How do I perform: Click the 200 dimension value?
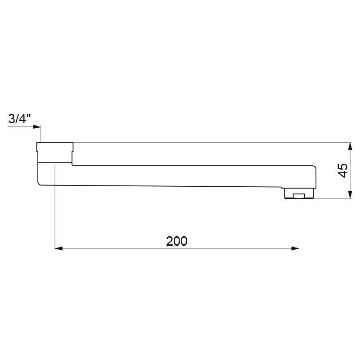click(x=176, y=241)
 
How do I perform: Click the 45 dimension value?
click(x=343, y=171)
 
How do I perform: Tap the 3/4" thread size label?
click(x=19, y=119)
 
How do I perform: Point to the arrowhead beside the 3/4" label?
click(x=37, y=127)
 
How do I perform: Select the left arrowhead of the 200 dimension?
click(x=59, y=248)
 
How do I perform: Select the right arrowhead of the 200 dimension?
click(x=295, y=248)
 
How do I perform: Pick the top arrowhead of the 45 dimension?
click(x=350, y=146)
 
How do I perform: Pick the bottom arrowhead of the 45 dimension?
click(x=350, y=195)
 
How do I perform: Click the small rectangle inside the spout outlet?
click(x=299, y=196)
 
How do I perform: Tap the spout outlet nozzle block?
click(x=299, y=193)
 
